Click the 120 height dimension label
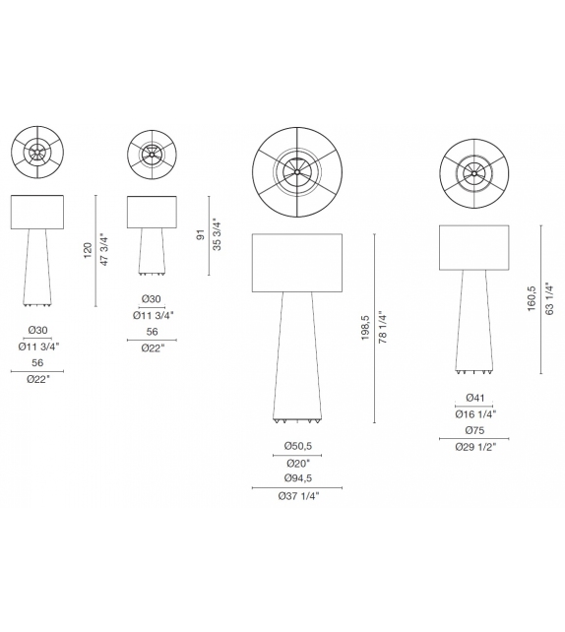click(x=89, y=251)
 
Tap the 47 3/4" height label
click(x=104, y=250)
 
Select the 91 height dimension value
click(x=201, y=235)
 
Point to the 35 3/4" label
click(x=218, y=236)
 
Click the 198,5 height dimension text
click(x=365, y=328)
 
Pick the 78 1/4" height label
click(x=383, y=327)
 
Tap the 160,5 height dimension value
click(x=532, y=298)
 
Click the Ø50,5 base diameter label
click(x=298, y=446)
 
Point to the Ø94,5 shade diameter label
click(x=298, y=478)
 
